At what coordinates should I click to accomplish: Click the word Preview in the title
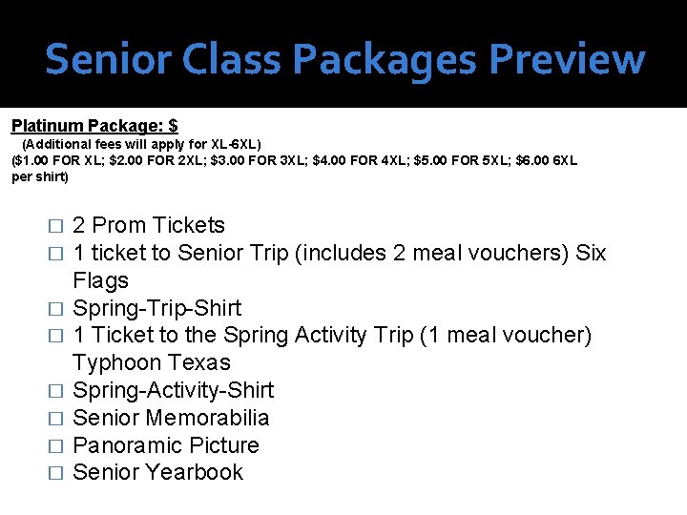pyautogui.click(x=567, y=59)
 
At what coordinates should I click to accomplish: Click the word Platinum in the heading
pyautogui.click(x=47, y=126)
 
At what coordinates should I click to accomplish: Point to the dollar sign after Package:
pyautogui.click(x=173, y=126)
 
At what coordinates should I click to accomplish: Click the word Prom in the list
pyautogui.click(x=119, y=226)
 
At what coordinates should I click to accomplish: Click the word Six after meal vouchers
pyautogui.click(x=591, y=254)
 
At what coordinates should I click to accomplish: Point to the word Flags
pyautogui.click(x=100, y=281)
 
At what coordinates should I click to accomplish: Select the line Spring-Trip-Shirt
pyautogui.click(x=157, y=309)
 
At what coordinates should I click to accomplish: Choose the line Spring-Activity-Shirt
pyautogui.click(x=173, y=391)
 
